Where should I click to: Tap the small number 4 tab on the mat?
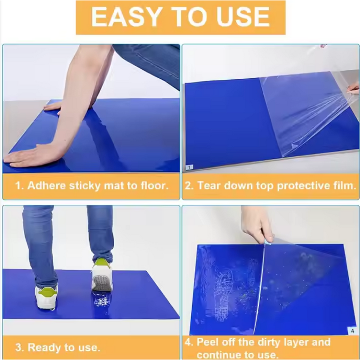point(352,331)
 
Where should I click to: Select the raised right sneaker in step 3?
point(102,275)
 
